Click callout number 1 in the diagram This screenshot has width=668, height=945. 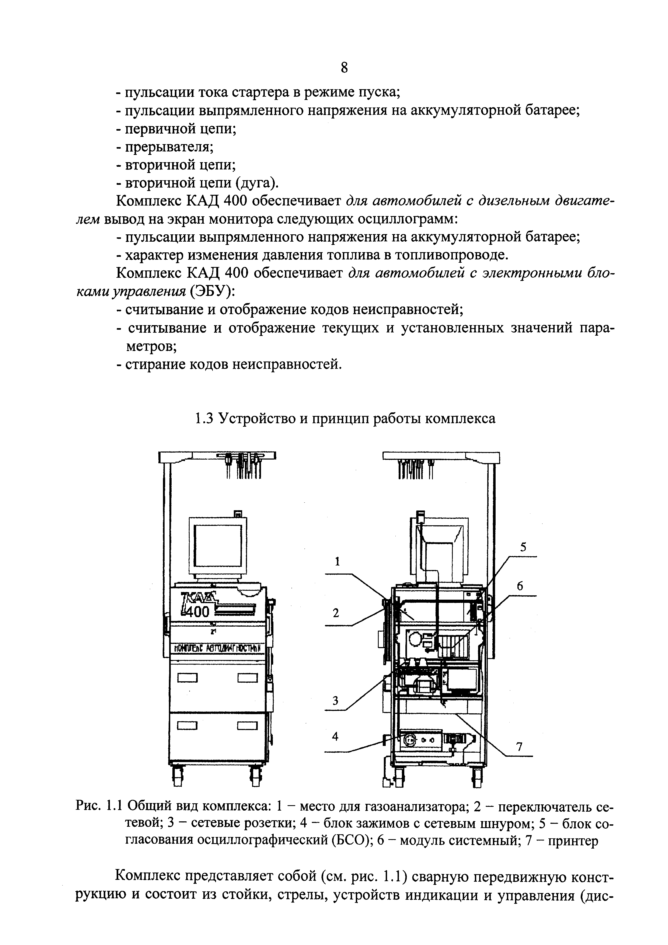point(337,561)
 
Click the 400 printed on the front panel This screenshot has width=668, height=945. point(196,612)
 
